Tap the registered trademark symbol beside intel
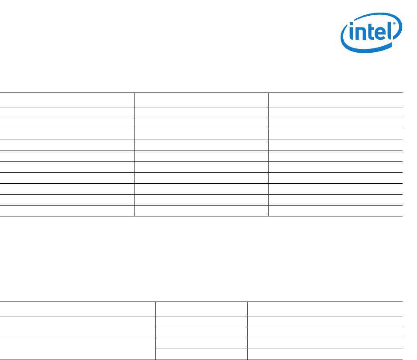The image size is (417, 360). coord(394,24)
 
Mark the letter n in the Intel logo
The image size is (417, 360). coord(359,36)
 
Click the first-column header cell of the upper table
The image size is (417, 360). coord(67,100)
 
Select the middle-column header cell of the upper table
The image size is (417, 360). coord(201,100)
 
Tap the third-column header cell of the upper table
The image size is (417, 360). coord(335,100)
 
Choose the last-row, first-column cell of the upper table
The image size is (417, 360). coord(67,211)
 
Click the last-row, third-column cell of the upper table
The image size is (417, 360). coord(335,211)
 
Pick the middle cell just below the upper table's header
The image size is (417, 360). coord(201,113)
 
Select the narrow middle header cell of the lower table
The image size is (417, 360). coord(202,309)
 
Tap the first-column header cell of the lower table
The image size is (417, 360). coord(78,309)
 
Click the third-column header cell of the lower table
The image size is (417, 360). coord(325,309)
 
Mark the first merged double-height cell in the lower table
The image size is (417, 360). coord(78,327)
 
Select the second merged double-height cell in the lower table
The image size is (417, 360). coord(78,349)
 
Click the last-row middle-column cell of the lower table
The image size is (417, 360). coord(202,354)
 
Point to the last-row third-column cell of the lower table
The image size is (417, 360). coord(325,354)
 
